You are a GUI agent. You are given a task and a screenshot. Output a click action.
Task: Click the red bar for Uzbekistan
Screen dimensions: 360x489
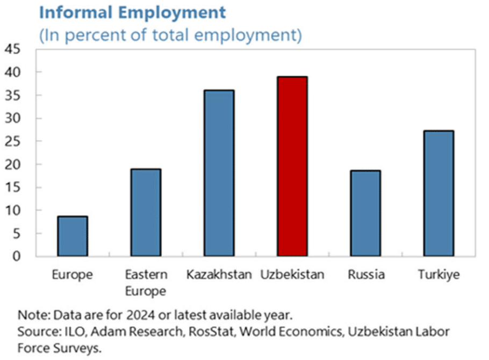click(292, 166)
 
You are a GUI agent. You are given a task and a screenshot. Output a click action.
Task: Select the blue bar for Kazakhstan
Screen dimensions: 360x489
click(219, 173)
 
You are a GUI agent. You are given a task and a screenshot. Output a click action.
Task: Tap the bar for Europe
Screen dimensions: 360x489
click(73, 236)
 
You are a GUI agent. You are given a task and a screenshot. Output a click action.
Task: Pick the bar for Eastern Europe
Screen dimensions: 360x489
click(146, 212)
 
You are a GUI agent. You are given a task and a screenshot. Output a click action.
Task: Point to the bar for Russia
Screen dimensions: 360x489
click(365, 213)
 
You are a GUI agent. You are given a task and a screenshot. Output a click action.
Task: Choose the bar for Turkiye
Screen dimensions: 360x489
click(438, 193)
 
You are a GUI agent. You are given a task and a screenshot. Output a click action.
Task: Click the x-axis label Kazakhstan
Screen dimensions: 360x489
click(219, 275)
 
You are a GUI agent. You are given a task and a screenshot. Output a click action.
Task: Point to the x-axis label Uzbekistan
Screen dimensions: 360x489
click(292, 275)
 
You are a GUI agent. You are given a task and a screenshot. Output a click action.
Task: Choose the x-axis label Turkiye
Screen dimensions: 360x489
click(438, 275)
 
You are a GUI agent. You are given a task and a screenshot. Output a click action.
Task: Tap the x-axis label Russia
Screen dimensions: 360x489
click(366, 275)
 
